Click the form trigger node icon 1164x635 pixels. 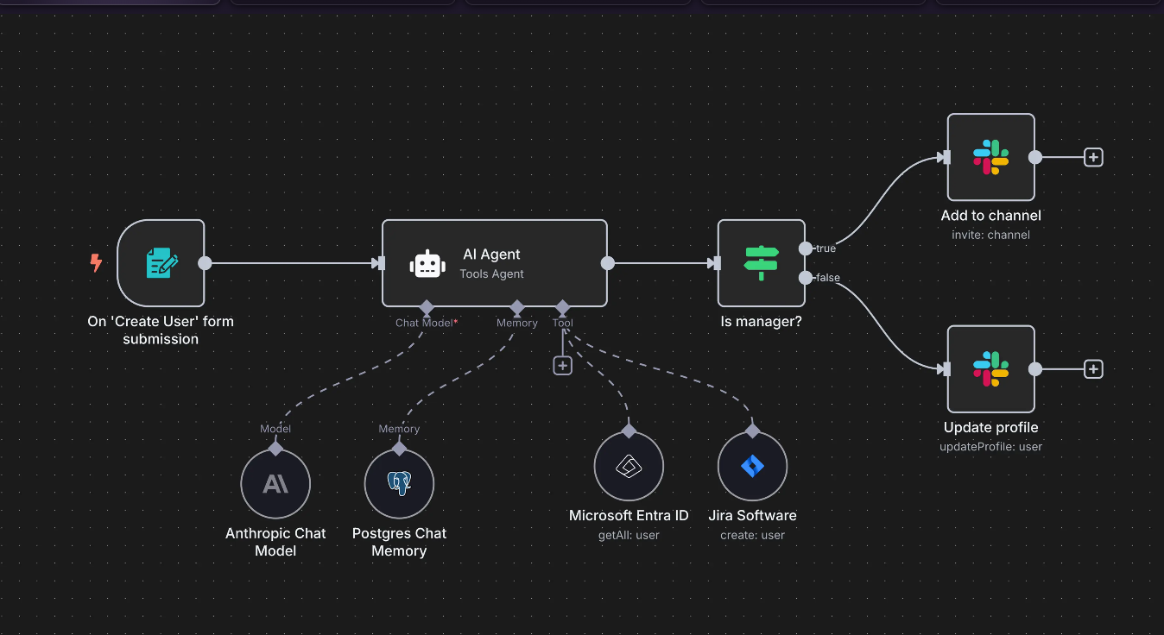coord(161,263)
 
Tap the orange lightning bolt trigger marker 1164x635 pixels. coord(96,262)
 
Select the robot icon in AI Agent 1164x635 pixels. coord(428,263)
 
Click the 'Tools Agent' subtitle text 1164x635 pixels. coord(491,273)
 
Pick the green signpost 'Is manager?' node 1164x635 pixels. coord(761,263)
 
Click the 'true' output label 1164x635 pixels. coord(826,248)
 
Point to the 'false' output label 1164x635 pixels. coord(827,278)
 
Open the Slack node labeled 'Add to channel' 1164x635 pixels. coord(990,157)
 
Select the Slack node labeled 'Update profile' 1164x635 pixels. coord(990,368)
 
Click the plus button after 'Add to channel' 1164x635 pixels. coord(1093,157)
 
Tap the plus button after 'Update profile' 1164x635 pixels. coord(1093,368)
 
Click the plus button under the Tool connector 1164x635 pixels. coord(563,365)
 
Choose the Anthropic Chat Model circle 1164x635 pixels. coord(275,484)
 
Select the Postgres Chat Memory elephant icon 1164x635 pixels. coord(399,484)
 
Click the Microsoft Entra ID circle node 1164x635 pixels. coord(629,467)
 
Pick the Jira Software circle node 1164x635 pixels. coord(752,467)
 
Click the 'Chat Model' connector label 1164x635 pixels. coord(425,323)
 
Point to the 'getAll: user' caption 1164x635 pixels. coord(629,535)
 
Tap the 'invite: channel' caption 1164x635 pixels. coord(990,235)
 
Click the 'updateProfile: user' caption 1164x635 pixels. coord(990,446)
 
